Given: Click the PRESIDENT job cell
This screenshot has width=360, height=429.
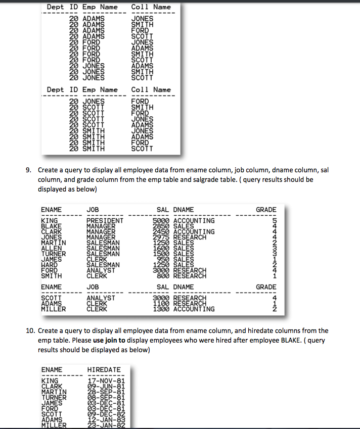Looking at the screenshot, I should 105,221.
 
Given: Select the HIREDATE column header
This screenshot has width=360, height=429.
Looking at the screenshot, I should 104,369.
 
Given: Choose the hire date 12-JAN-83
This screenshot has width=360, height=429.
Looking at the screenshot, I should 103,419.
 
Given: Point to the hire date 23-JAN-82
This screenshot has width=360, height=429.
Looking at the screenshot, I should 103,425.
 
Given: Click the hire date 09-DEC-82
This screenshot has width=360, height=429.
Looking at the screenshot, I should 103,414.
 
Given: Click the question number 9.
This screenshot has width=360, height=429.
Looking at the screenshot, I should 29,170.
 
